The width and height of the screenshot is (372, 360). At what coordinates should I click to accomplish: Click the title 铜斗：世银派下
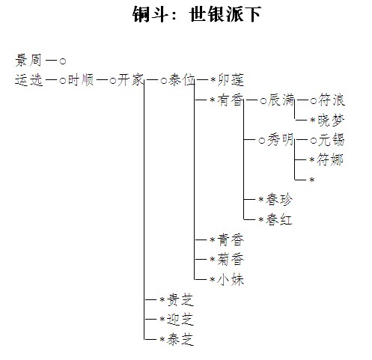click(197, 14)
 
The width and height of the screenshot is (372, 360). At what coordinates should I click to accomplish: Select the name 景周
click(28, 61)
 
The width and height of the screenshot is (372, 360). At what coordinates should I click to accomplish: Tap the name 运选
click(28, 80)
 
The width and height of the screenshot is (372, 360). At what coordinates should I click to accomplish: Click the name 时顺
click(81, 80)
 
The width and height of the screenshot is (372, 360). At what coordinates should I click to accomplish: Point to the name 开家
click(131, 80)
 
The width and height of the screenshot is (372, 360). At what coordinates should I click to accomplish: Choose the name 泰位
click(181, 80)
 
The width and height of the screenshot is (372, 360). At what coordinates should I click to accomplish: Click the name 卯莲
click(231, 80)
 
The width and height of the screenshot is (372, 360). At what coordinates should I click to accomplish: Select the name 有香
click(230, 100)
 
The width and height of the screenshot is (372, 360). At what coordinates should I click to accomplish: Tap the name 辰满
click(281, 100)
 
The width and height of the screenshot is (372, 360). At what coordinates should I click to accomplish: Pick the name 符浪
click(332, 100)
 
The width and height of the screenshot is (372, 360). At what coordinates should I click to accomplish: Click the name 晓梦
click(331, 120)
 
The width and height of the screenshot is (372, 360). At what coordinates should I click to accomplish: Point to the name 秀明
click(281, 140)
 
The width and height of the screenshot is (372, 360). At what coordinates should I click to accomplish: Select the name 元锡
click(331, 140)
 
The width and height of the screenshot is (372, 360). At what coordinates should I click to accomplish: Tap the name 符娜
click(330, 160)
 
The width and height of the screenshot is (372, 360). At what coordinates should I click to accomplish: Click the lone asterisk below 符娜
click(312, 180)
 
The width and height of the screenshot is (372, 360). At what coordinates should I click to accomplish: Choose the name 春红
click(279, 219)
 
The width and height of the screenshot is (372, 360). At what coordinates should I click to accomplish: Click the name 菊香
click(231, 260)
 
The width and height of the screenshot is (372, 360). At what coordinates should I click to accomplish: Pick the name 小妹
click(231, 279)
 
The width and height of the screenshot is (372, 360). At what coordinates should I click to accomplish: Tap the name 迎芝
click(180, 320)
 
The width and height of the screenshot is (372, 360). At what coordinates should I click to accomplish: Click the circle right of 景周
click(63, 61)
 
